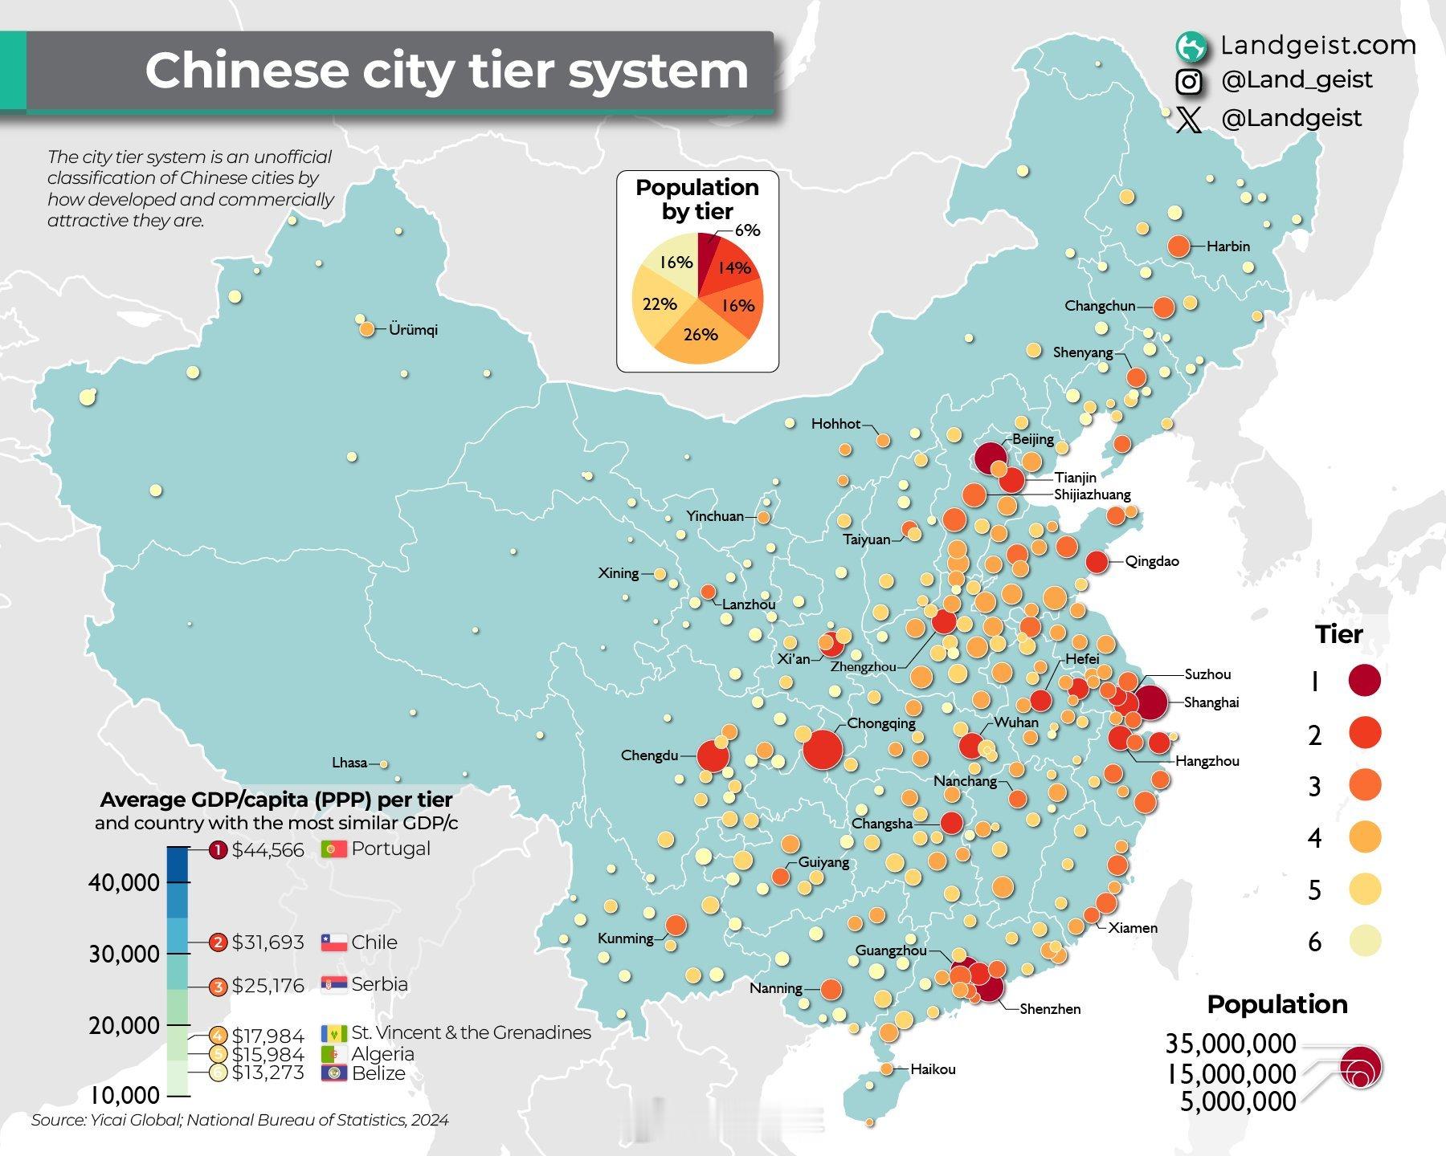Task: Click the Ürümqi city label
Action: coord(413,330)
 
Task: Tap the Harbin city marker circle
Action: coord(1178,246)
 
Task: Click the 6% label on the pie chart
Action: coord(747,230)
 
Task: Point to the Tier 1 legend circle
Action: coord(1364,681)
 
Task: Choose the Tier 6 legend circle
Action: coord(1364,941)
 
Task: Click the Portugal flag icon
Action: coord(333,849)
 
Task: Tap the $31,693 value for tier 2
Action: coord(268,942)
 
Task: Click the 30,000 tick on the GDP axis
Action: coord(125,955)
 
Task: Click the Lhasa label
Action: coord(349,763)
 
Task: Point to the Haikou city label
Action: coord(933,1069)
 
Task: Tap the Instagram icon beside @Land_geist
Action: coord(1189,81)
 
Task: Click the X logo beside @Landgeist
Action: coord(1189,120)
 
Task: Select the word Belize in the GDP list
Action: coord(378,1073)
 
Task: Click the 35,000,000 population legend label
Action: coord(1230,1044)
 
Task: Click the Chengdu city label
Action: coord(649,755)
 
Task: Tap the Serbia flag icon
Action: coord(333,984)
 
